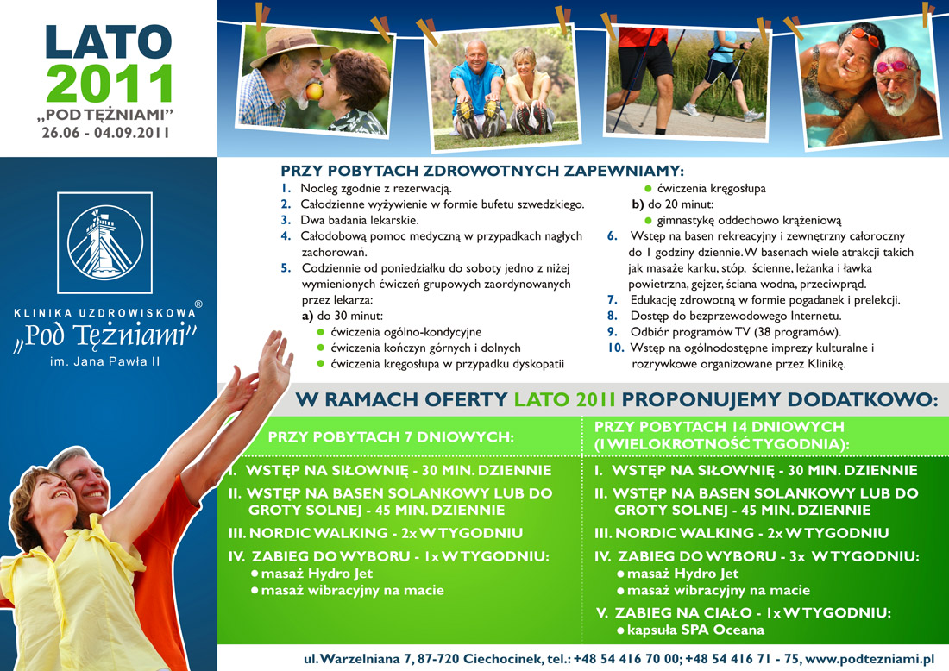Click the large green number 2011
[110, 83]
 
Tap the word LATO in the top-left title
[109, 42]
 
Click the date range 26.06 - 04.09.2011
[105, 133]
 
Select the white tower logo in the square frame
[104, 242]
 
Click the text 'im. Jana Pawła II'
[104, 362]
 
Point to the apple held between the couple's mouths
[314, 91]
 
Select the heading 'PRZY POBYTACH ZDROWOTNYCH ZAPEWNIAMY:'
[482, 171]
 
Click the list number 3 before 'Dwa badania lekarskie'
[286, 220]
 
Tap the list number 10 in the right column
[615, 348]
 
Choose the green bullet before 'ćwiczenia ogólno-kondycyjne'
[321, 332]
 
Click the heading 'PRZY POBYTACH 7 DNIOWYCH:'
[391, 437]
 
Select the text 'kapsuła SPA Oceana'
[695, 630]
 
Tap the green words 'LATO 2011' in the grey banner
[565, 400]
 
